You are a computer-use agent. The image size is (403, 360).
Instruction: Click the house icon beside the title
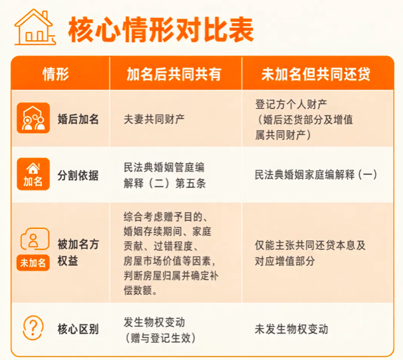(35, 27)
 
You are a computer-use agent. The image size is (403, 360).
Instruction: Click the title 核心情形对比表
(161, 29)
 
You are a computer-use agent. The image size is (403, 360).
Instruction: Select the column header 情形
(56, 74)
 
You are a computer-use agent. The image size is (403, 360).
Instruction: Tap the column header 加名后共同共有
(174, 74)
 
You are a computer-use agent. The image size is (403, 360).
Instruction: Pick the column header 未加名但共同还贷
(316, 74)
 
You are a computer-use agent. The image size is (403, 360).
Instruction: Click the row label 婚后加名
(78, 119)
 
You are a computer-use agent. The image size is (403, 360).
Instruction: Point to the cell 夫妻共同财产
(154, 119)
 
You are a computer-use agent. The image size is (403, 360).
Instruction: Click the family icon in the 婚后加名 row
(33, 118)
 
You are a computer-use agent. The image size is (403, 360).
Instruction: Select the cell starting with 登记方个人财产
(304, 120)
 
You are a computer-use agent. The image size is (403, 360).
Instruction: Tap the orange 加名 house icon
(33, 174)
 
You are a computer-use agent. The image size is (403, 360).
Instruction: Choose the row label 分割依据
(78, 175)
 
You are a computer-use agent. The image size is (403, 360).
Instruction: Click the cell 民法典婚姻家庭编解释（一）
(316, 175)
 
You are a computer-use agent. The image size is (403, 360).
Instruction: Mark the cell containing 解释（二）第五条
(164, 175)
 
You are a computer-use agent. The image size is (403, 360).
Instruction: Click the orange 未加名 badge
(33, 263)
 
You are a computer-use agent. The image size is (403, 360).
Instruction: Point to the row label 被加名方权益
(78, 253)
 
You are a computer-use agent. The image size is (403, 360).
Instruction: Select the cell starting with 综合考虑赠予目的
(171, 253)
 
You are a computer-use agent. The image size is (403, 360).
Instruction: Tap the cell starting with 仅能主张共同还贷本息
(310, 253)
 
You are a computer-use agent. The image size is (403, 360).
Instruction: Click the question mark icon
(33, 328)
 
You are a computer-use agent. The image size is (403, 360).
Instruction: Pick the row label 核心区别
(78, 329)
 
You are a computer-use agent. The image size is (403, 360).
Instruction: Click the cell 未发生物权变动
(291, 329)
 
